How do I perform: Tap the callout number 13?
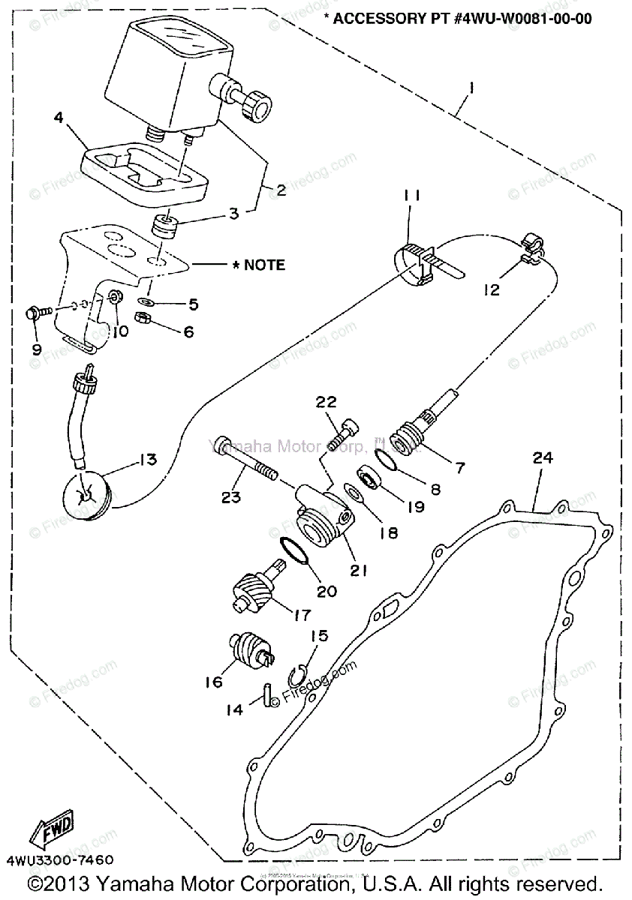click(x=146, y=459)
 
